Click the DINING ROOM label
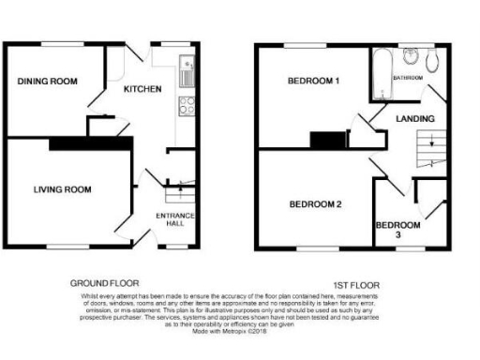coord(47,82)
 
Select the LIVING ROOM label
coord(62,189)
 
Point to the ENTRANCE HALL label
coord(175,220)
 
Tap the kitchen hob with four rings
coord(186,105)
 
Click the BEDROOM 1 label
coord(313,82)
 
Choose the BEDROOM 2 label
coord(314,203)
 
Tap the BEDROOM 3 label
coord(392,230)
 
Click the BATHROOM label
coord(409,78)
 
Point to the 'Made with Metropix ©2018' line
coord(231,331)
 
